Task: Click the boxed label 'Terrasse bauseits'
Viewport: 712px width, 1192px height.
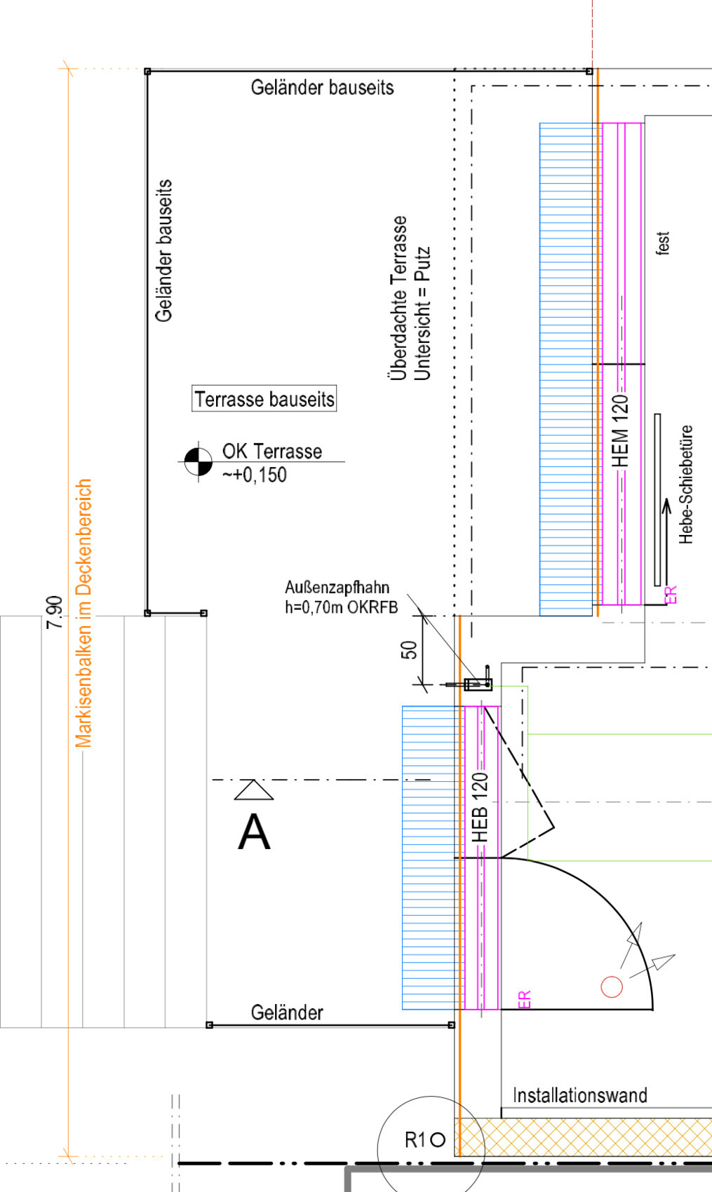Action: coord(264,399)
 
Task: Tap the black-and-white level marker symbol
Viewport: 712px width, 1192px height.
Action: coord(198,461)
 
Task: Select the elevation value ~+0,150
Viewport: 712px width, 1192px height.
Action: coord(255,475)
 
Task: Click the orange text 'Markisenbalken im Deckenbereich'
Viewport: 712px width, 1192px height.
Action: coord(83,614)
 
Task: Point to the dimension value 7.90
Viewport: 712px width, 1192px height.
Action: coord(54,611)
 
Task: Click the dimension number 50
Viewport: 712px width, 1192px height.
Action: coord(409,650)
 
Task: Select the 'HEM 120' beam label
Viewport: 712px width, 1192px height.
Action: coord(621,431)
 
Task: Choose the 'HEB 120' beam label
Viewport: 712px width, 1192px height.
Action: coord(481,807)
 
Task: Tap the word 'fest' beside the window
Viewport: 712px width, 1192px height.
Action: coord(663,243)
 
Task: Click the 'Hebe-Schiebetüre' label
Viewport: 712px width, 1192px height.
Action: coord(686,484)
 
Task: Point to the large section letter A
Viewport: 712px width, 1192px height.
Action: coord(254,833)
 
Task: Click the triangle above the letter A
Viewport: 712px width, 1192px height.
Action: coord(253,790)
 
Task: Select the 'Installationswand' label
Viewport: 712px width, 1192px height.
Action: coord(579,1095)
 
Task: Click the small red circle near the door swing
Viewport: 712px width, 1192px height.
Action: coord(612,987)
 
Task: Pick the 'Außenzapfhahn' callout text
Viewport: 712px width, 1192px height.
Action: coord(337,588)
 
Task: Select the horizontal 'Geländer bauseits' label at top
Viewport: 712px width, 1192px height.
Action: coord(322,88)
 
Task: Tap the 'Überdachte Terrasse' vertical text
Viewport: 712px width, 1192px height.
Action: coord(398,298)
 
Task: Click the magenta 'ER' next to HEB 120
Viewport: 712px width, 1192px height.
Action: coord(525,999)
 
